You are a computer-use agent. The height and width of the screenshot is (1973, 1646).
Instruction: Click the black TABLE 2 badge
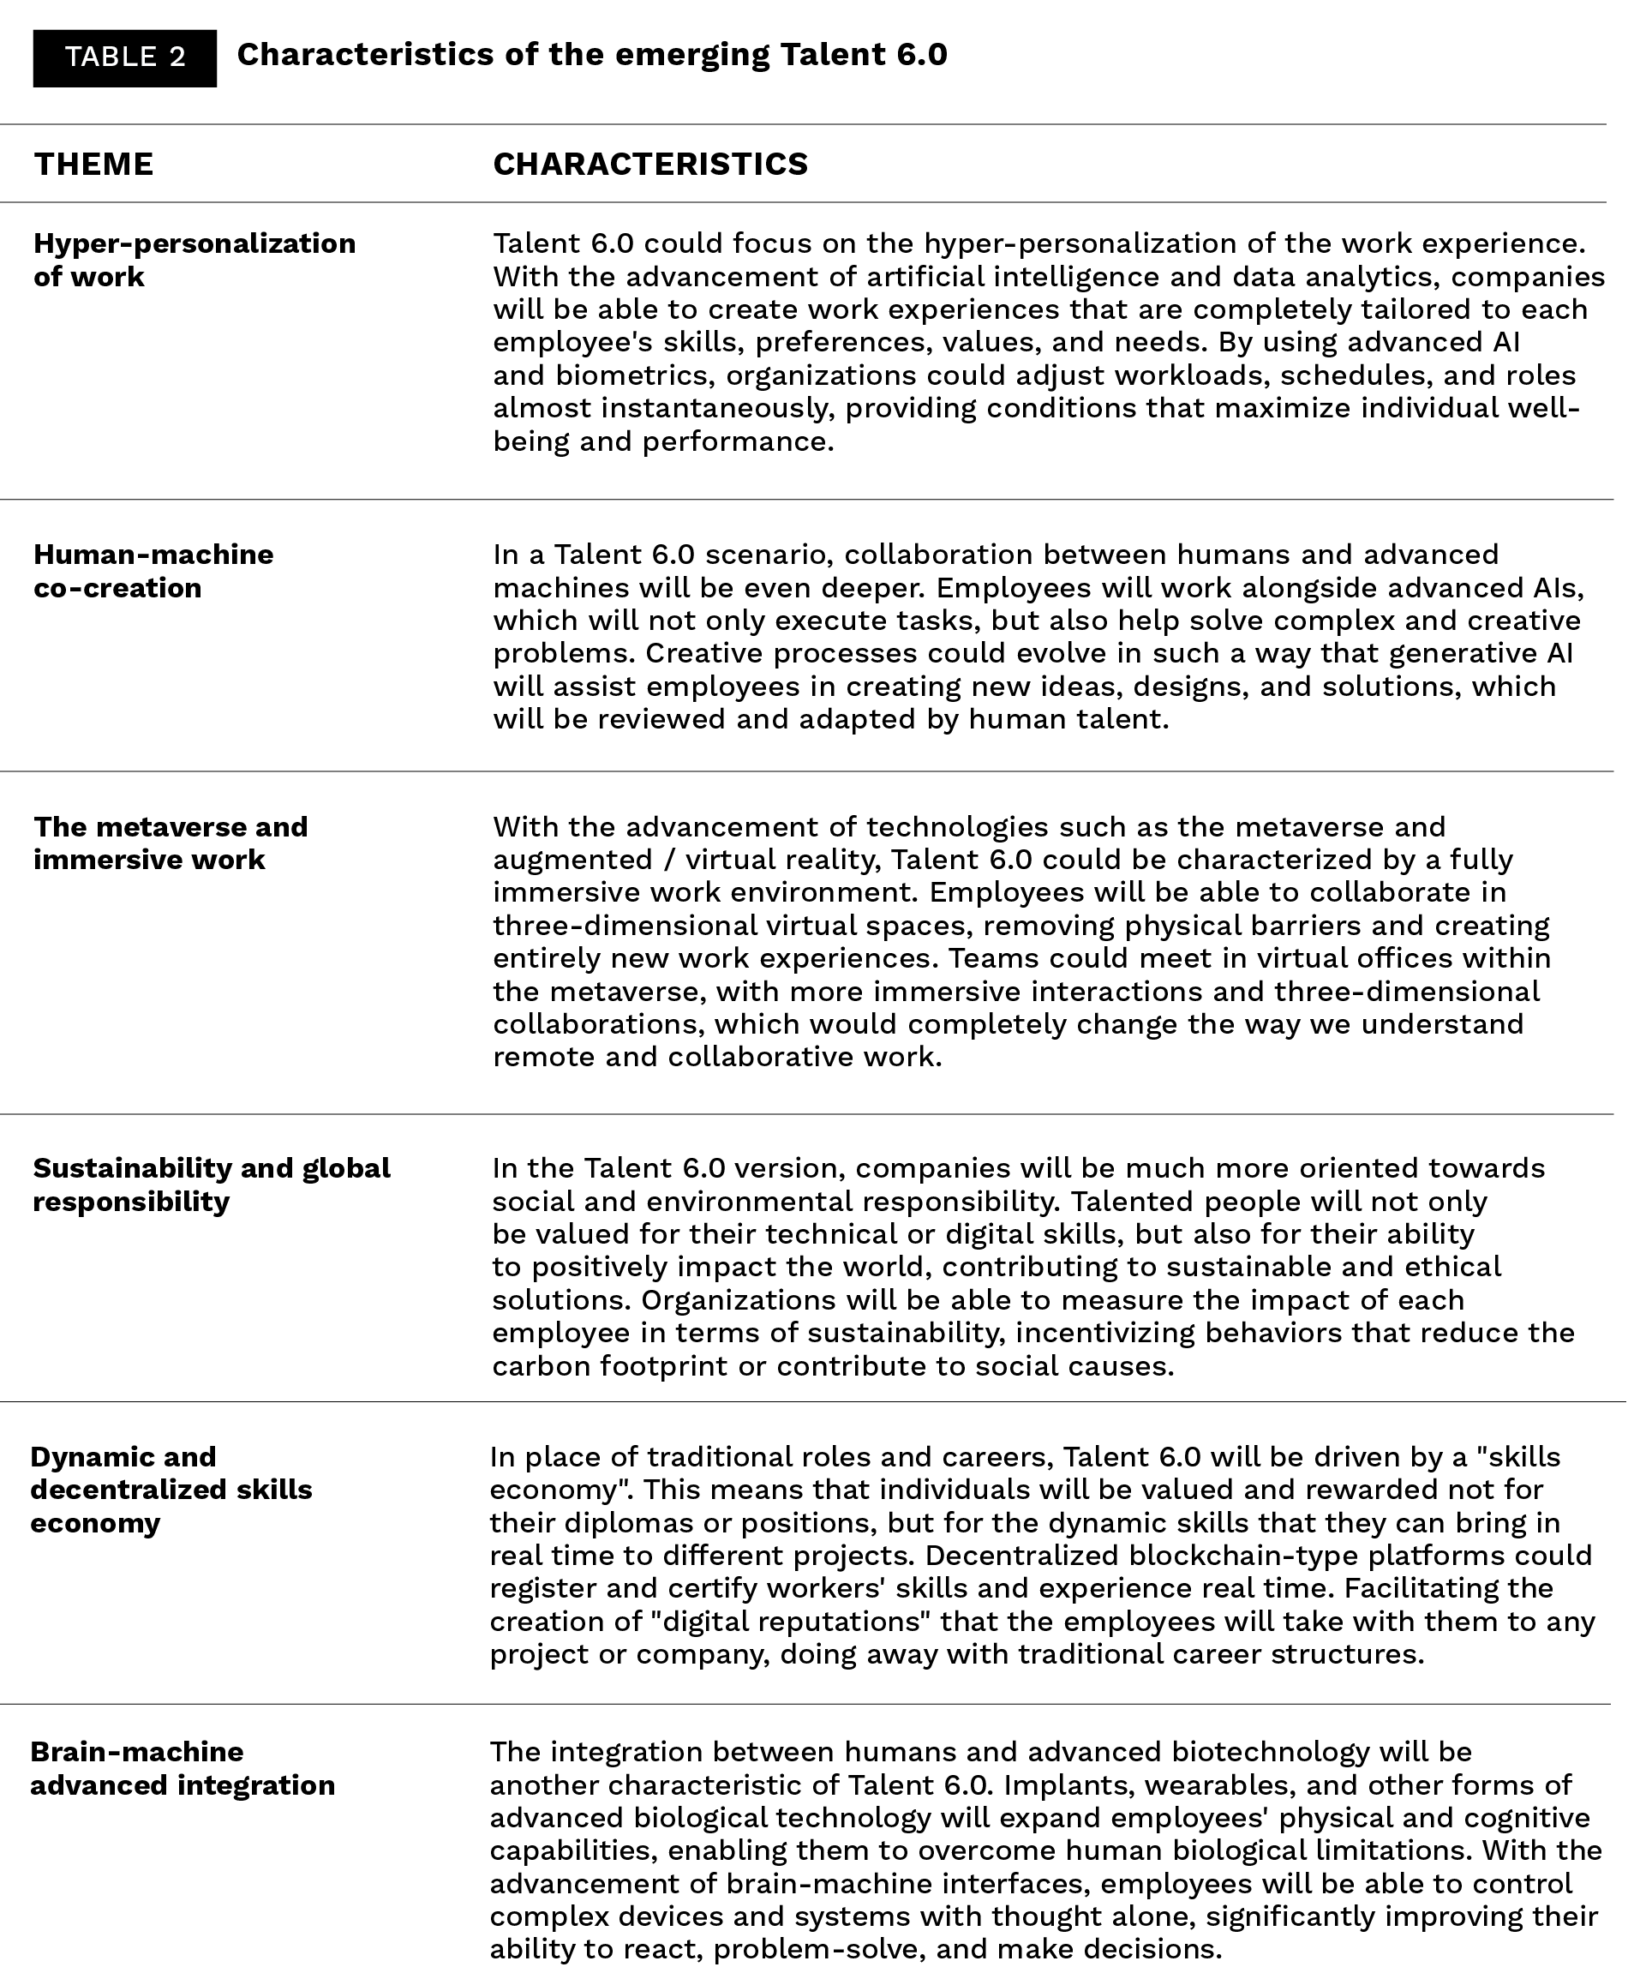point(125,57)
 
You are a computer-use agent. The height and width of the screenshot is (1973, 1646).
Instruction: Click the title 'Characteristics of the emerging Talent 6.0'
point(592,55)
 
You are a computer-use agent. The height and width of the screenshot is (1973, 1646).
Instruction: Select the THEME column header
point(94,164)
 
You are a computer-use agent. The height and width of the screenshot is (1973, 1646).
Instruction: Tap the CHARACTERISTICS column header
point(650,164)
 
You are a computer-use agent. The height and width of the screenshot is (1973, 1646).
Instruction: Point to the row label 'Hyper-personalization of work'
point(195,260)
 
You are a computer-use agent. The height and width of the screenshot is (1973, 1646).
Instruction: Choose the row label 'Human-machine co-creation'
point(153,570)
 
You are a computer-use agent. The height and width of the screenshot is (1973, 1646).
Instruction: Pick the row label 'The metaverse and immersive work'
point(170,843)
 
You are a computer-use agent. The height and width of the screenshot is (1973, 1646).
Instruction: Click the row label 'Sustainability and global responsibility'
point(212,1184)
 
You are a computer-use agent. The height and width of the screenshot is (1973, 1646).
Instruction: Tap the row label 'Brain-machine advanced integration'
point(183,1768)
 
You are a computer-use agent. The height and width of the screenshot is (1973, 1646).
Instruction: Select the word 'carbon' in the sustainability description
point(542,1366)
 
